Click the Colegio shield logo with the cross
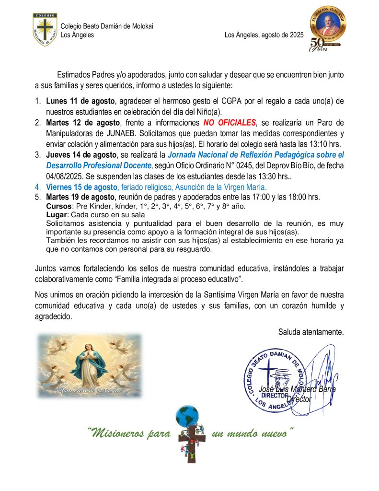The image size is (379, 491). pos(45,29)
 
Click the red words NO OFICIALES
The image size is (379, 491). pos(230,123)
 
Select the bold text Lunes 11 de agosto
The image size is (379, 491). pos(80,102)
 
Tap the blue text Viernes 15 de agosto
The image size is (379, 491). pos(81,187)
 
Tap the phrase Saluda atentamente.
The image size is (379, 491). pos(310,332)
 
